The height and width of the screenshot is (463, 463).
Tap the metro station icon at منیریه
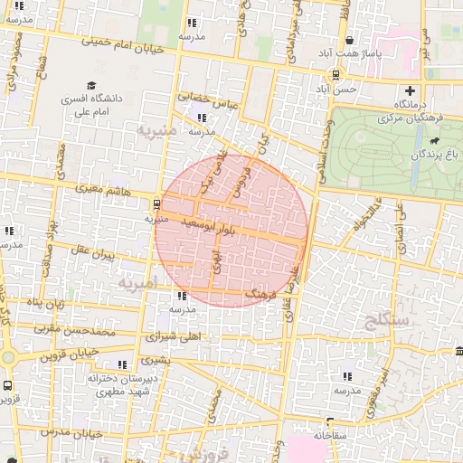tap(157, 203)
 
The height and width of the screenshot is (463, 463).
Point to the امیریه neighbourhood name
tap(137, 283)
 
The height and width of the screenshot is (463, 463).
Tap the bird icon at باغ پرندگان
tap(435, 141)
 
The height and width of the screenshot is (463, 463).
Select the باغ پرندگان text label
tap(417, 155)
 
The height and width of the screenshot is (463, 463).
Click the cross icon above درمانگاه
tap(411, 90)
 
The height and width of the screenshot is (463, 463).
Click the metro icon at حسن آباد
tap(336, 75)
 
